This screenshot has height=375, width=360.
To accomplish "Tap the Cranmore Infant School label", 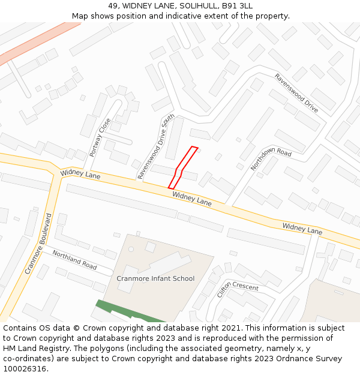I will click(x=155, y=278).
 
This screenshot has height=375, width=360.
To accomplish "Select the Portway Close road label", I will click(x=100, y=137).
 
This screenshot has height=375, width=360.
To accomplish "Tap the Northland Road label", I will click(x=74, y=260).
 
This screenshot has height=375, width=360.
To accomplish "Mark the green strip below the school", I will click(x=129, y=312).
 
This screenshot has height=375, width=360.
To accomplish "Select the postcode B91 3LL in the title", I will click(x=237, y=6).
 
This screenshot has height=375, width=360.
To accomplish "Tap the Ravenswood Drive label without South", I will click(x=296, y=93).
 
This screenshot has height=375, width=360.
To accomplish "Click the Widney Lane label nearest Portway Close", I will click(x=80, y=175).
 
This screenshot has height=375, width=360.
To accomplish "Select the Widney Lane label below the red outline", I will click(x=192, y=199).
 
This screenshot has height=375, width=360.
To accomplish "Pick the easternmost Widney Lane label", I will click(x=302, y=228).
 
